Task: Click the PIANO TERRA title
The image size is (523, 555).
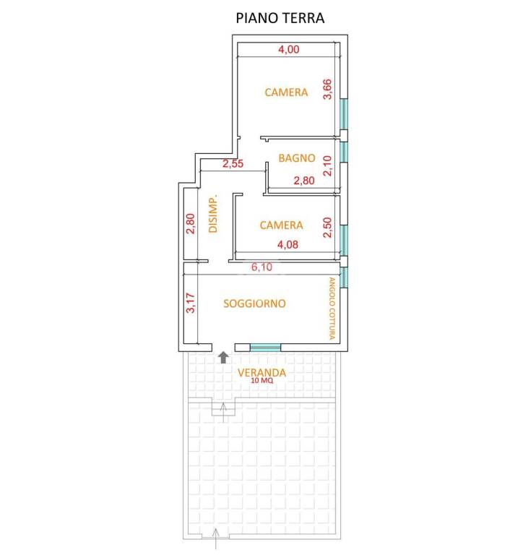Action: (280, 18)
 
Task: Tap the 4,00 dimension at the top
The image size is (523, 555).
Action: (289, 49)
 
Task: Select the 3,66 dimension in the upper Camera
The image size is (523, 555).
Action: (327, 89)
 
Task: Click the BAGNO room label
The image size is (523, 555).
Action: (296, 158)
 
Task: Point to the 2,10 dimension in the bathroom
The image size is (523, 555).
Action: (327, 165)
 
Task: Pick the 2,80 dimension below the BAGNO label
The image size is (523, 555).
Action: (304, 181)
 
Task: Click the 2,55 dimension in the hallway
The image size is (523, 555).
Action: (233, 163)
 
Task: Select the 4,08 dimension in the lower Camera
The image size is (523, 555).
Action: (288, 244)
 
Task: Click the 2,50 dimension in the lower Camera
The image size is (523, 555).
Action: (327, 227)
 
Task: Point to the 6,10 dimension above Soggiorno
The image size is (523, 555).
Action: (261, 267)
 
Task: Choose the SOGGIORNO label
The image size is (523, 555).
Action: (254, 304)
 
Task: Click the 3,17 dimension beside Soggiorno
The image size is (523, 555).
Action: (191, 303)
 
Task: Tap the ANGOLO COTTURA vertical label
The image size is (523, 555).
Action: (332, 309)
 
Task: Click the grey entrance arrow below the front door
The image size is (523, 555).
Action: (223, 358)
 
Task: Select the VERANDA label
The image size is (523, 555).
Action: (261, 372)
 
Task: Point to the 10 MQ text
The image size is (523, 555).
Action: (261, 381)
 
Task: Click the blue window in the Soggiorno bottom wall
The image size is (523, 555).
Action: (265, 348)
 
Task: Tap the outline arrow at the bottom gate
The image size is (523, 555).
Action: (216, 538)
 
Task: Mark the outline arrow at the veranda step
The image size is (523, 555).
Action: (223, 413)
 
